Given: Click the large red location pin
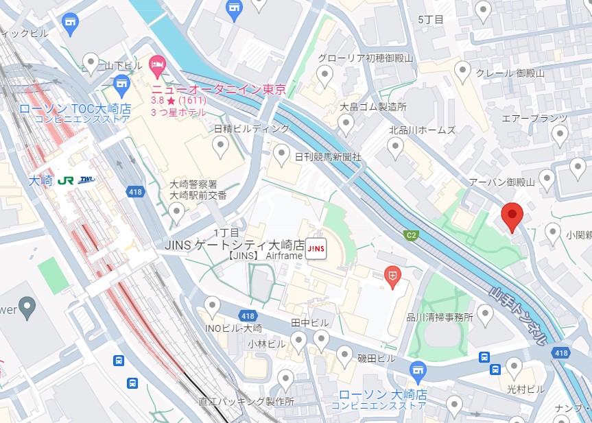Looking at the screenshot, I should (512, 216).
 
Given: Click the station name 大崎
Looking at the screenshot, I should (40, 181).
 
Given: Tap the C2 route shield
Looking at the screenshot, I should (411, 235).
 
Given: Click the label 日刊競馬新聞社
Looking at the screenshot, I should (328, 157).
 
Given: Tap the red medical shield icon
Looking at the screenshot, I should (392, 275).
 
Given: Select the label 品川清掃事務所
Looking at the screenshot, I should (440, 317).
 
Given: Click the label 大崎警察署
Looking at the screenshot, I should (193, 184).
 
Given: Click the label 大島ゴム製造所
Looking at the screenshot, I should (373, 107).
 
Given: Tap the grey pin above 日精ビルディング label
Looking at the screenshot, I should (220, 145).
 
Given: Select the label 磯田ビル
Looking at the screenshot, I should (377, 359).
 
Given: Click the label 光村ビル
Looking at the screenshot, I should (525, 389).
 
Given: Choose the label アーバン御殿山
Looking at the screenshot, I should (501, 182).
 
